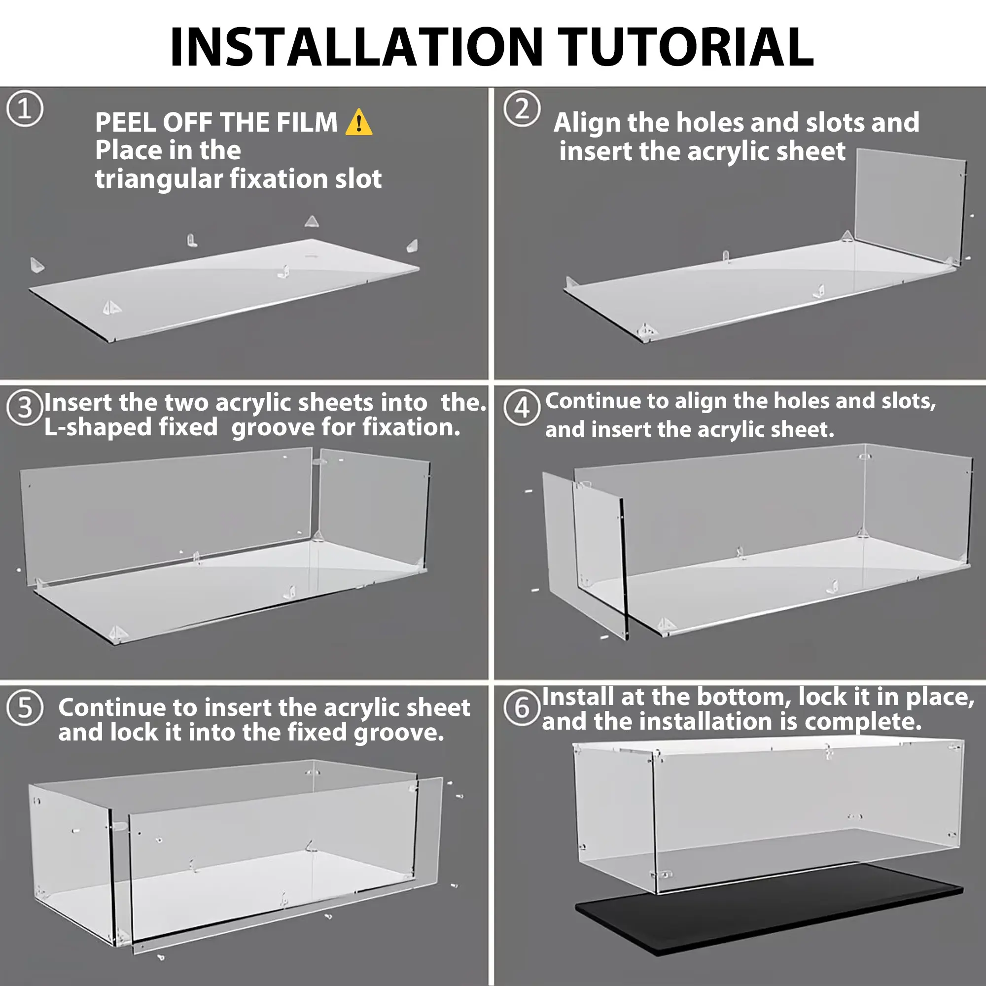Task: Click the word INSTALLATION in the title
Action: tap(356, 47)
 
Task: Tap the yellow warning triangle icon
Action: tap(359, 122)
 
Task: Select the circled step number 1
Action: tap(25, 108)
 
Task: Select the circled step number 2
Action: tap(522, 108)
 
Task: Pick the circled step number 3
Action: tap(25, 408)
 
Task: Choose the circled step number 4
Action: tap(522, 408)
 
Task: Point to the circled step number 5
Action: tap(25, 708)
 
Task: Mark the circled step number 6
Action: tap(522, 708)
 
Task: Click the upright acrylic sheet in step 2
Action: tap(911, 207)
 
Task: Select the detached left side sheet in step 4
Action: tap(585, 555)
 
